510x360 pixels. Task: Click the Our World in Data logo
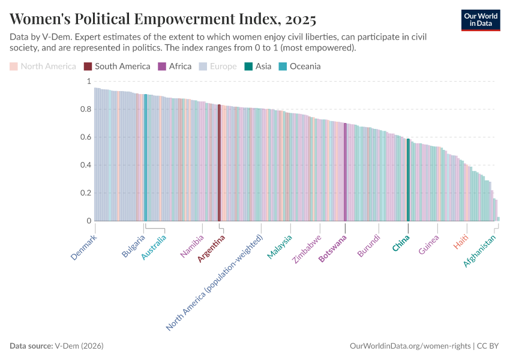click(x=481, y=20)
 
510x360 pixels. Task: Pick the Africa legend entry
click(x=175, y=66)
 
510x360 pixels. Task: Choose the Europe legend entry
click(x=218, y=66)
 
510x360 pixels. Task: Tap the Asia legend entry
click(x=258, y=66)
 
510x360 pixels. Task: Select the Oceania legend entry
click(x=299, y=66)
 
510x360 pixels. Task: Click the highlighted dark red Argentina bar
click(x=219, y=163)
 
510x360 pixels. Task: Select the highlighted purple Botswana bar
click(x=345, y=172)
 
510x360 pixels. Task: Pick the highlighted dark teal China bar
click(x=408, y=180)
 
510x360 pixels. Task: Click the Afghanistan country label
click(x=480, y=251)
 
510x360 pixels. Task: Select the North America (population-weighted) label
click(x=215, y=283)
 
